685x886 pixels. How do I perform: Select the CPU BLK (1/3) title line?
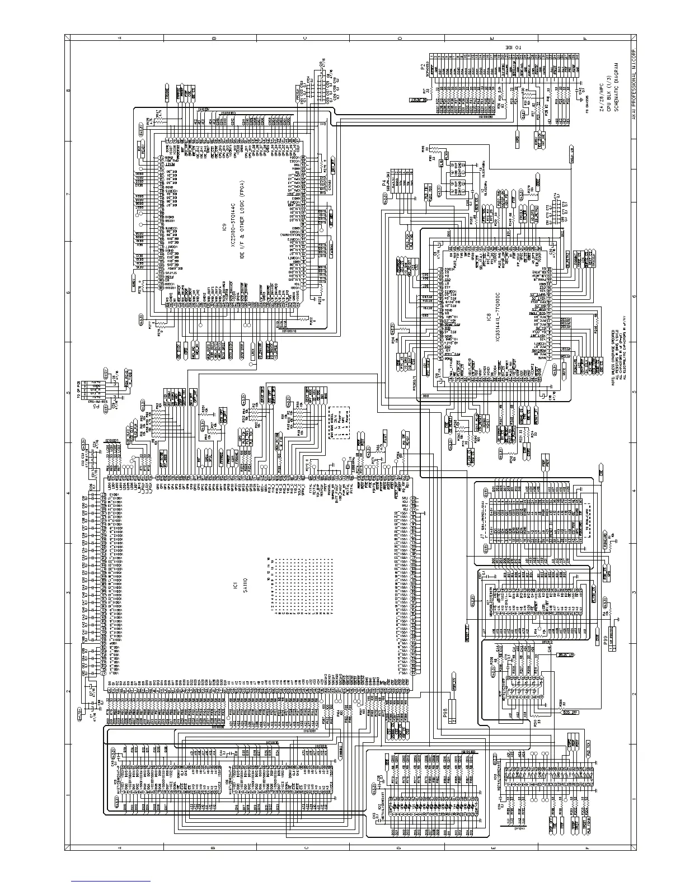tap(608, 101)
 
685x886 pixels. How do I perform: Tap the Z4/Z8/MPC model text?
tap(602, 101)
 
